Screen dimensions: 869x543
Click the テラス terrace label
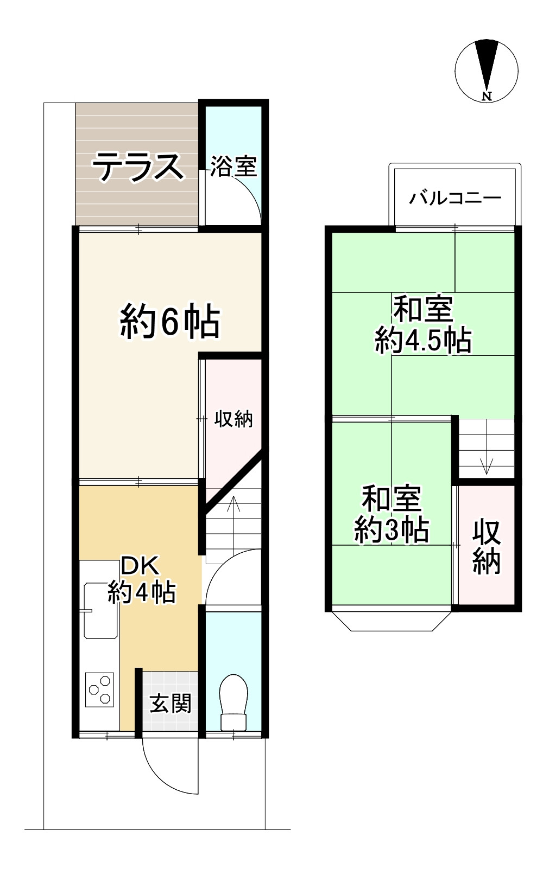tap(137, 167)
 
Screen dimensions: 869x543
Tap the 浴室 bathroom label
tap(233, 167)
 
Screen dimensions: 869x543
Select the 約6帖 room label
tap(170, 322)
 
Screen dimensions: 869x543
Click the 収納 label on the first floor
tap(233, 419)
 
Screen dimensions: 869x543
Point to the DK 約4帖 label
tap(141, 579)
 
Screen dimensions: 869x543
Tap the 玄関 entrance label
tap(170, 704)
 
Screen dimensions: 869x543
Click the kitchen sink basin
tap(101, 610)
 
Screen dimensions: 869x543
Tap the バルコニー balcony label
tap(455, 197)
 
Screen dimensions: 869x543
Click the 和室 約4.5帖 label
tap(423, 325)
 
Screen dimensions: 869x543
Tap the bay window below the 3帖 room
tap(392, 621)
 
